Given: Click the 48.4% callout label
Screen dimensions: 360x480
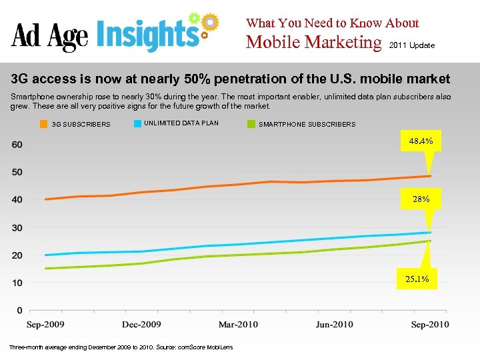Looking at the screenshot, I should (421, 141).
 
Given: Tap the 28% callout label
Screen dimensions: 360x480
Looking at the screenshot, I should (421, 199).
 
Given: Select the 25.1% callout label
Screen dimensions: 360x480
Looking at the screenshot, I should (417, 279).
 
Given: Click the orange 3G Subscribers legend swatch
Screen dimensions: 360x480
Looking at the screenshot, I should (43, 124).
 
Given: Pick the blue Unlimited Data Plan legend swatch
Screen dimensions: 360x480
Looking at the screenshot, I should (137, 123).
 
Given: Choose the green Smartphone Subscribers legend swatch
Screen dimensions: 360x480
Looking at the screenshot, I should (251, 124).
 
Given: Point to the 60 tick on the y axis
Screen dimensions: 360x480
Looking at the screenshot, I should (17, 145).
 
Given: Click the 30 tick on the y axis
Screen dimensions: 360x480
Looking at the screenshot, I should (17, 228).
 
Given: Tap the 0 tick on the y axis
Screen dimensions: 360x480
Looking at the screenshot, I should (20, 311).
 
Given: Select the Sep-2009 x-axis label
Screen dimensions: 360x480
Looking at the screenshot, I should (46, 325).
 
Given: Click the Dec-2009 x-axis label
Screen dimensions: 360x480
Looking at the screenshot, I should (141, 325).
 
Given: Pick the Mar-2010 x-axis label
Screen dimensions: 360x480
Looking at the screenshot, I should (238, 325).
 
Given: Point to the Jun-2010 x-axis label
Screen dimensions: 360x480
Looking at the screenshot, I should (334, 325).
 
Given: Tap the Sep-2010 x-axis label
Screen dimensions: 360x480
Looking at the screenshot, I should (429, 325).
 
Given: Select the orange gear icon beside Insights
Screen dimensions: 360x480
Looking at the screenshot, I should (209, 22).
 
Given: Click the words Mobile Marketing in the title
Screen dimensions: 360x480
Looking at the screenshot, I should (313, 43).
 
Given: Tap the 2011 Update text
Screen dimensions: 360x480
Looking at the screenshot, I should (411, 45).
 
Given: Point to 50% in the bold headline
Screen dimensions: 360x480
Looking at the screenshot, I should (196, 79).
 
